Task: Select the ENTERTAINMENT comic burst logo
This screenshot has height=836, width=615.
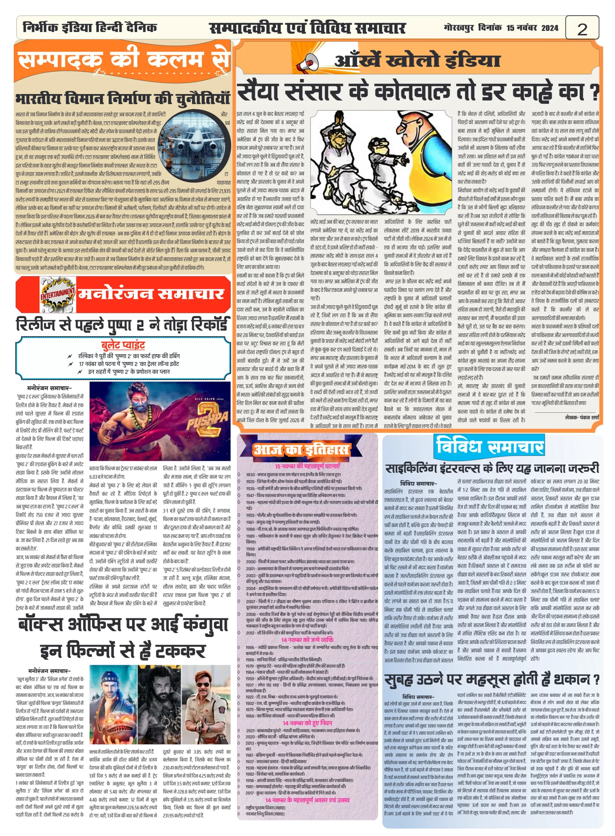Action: [x=58, y=295]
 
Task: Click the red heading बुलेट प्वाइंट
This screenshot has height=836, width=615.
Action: [x=123, y=345]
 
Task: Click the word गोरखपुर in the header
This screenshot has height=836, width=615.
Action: [x=458, y=28]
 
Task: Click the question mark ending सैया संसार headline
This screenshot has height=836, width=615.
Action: [x=594, y=93]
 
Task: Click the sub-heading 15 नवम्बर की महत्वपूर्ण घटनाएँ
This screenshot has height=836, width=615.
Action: [x=307, y=466]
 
